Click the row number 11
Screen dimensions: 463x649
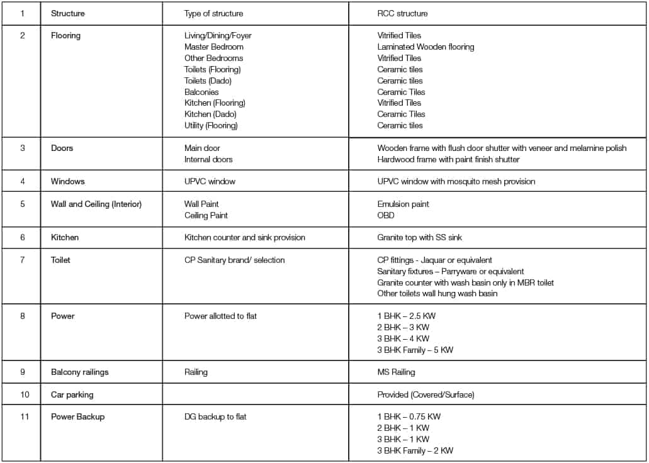point(23,416)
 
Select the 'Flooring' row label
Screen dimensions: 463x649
point(65,35)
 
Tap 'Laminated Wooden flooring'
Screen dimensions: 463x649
point(426,47)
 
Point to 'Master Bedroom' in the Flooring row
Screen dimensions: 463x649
point(213,47)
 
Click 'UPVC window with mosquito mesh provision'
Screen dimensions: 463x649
point(456,181)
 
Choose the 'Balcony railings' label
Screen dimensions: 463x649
point(79,372)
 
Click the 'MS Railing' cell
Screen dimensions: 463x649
point(396,372)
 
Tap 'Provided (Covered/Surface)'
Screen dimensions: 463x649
point(426,394)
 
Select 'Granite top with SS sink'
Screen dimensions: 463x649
point(423,237)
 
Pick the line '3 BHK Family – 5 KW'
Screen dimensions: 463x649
point(415,350)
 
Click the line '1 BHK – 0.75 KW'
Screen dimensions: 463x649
point(409,416)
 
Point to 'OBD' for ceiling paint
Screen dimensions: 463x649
point(386,215)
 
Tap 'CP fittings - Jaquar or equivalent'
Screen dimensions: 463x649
point(434,260)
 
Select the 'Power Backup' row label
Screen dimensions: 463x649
point(77,416)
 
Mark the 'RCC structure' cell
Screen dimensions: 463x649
point(402,13)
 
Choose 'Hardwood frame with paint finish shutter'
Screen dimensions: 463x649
point(448,159)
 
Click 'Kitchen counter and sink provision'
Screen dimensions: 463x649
point(244,237)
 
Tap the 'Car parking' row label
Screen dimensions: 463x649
point(72,394)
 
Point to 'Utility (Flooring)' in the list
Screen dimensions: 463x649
point(211,125)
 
